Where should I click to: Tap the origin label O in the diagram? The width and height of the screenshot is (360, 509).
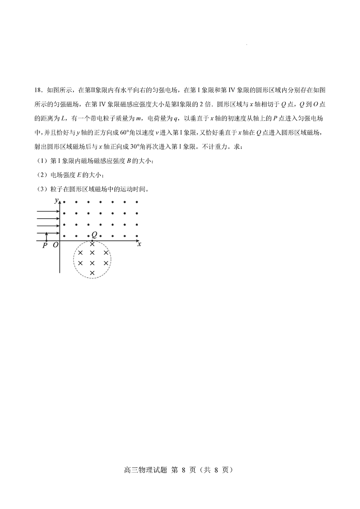point(55,246)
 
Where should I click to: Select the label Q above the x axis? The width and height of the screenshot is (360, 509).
point(94,234)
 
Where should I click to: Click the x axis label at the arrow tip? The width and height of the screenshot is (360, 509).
point(139,244)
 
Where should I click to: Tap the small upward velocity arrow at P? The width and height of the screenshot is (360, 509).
point(46,237)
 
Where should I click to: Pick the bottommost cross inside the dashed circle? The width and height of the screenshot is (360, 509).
point(92,273)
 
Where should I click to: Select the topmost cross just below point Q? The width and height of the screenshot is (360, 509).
point(92,243)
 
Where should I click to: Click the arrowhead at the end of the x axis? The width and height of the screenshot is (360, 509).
point(138,242)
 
